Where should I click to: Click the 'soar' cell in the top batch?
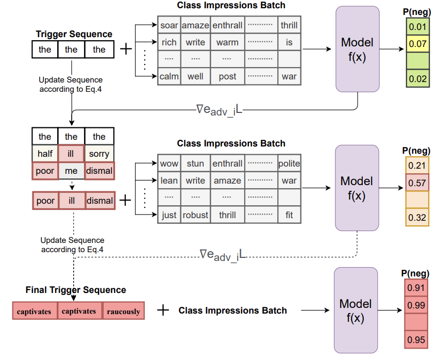pyautogui.click(x=169, y=25)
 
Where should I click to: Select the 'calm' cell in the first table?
pyautogui.click(x=169, y=77)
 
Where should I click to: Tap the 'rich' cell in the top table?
pyautogui.click(x=169, y=42)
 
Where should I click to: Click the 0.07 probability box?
pyautogui.click(x=417, y=44)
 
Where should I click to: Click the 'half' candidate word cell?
pyautogui.click(x=45, y=154)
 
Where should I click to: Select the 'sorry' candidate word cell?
pyautogui.click(x=99, y=154)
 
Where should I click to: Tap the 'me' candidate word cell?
pyautogui.click(x=71, y=171)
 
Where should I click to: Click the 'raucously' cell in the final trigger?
pyautogui.click(x=123, y=312)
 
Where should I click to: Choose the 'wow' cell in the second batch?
pyautogui.click(x=169, y=163)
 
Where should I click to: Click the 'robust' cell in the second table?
pyautogui.click(x=195, y=215)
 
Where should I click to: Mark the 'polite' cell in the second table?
pyautogui.click(x=289, y=163)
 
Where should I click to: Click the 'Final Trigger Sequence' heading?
pyautogui.click(x=76, y=290)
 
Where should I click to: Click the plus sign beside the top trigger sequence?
pyautogui.click(x=125, y=50)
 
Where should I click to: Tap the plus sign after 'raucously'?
pyautogui.click(x=163, y=310)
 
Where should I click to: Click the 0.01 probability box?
pyautogui.click(x=417, y=26)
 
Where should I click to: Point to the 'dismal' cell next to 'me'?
pyautogui.click(x=99, y=171)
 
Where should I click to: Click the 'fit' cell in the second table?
pyautogui.click(x=289, y=215)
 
